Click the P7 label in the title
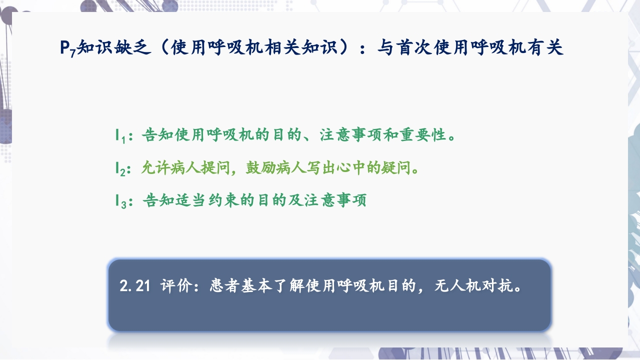pyautogui.click(x=67, y=48)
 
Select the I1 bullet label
pyautogui.click(x=119, y=135)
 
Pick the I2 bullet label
pyautogui.click(x=119, y=168)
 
